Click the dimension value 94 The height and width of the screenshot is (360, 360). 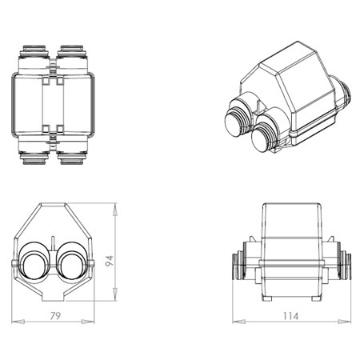(110, 261)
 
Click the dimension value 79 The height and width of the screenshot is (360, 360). (55, 316)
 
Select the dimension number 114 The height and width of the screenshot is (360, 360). (290, 316)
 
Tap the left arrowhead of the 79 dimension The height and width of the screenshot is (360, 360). (18, 322)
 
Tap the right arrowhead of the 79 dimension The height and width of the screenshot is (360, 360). (88, 322)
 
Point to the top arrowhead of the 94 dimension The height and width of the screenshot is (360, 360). (115, 210)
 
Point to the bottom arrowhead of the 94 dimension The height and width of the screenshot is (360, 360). (115, 294)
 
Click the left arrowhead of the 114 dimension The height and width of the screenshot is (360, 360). (239, 322)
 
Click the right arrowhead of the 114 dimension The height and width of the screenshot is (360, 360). (345, 322)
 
